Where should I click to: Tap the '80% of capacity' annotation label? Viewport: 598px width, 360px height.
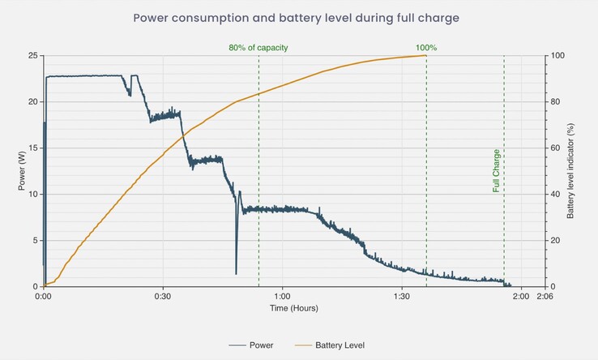tap(258, 48)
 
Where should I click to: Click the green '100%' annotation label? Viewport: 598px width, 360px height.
tap(426, 48)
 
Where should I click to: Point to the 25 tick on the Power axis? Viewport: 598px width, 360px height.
tap(33, 56)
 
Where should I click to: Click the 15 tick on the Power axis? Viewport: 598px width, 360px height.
tap(33, 148)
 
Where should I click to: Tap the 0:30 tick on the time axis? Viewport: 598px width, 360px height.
tap(163, 297)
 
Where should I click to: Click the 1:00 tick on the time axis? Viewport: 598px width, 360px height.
tap(282, 297)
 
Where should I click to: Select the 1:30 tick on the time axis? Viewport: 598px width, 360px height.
tap(401, 297)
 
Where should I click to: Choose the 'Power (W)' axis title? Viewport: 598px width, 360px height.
tap(22, 171)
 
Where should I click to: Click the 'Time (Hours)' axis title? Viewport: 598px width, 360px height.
tap(293, 309)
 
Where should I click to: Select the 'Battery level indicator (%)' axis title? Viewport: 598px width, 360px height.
tap(570, 171)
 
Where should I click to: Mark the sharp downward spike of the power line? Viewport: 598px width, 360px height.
tap(236, 272)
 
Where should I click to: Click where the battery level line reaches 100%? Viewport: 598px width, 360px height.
tap(425, 55)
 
